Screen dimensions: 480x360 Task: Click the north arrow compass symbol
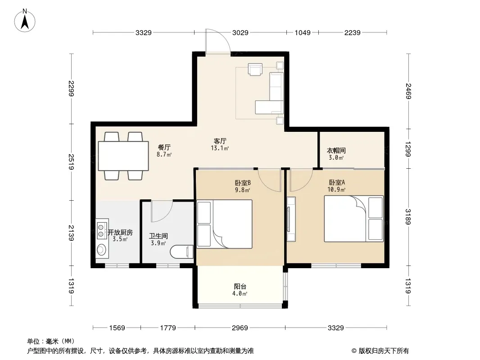tap(25, 21)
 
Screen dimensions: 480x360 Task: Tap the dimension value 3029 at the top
tap(240, 32)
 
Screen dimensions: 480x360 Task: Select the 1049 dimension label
tap(303, 32)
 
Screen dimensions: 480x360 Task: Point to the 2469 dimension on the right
tap(408, 91)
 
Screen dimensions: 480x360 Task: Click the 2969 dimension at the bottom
tap(240, 328)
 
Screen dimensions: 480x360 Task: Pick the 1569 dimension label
tap(117, 328)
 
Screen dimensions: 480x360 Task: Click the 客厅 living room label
tap(220, 141)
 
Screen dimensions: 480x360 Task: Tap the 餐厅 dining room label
tap(164, 147)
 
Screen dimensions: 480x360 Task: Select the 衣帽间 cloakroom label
tap(336, 150)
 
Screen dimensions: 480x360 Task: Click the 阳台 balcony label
tap(240, 287)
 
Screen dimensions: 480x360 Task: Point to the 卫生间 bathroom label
tap(158, 236)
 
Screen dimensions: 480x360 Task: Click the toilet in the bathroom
tap(181, 252)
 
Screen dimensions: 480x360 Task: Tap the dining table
tap(123, 156)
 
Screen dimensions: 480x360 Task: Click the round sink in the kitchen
tap(101, 250)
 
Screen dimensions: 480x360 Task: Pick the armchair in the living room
tap(255, 69)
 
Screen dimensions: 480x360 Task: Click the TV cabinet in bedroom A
tap(291, 219)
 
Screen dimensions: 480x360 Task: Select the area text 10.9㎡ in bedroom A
tap(336, 189)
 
